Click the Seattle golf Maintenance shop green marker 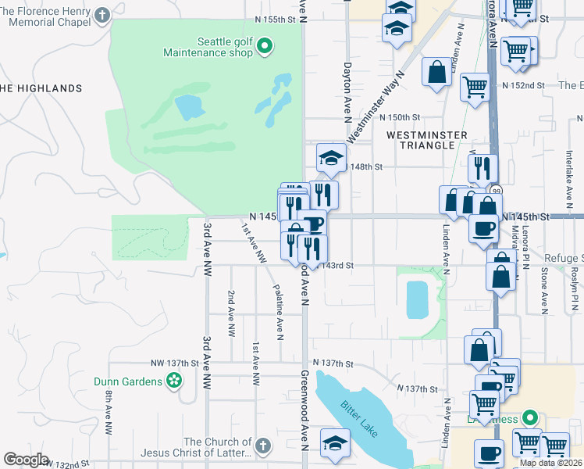point(264,47)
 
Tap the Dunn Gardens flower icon point(174,381)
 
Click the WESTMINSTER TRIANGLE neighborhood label point(421,140)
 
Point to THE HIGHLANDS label point(41,88)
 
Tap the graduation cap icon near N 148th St point(331,159)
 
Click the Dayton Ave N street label point(347,92)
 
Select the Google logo point(26,460)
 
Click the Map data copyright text point(550,463)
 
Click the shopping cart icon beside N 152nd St point(475,86)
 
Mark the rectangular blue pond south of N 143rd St point(418,299)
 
